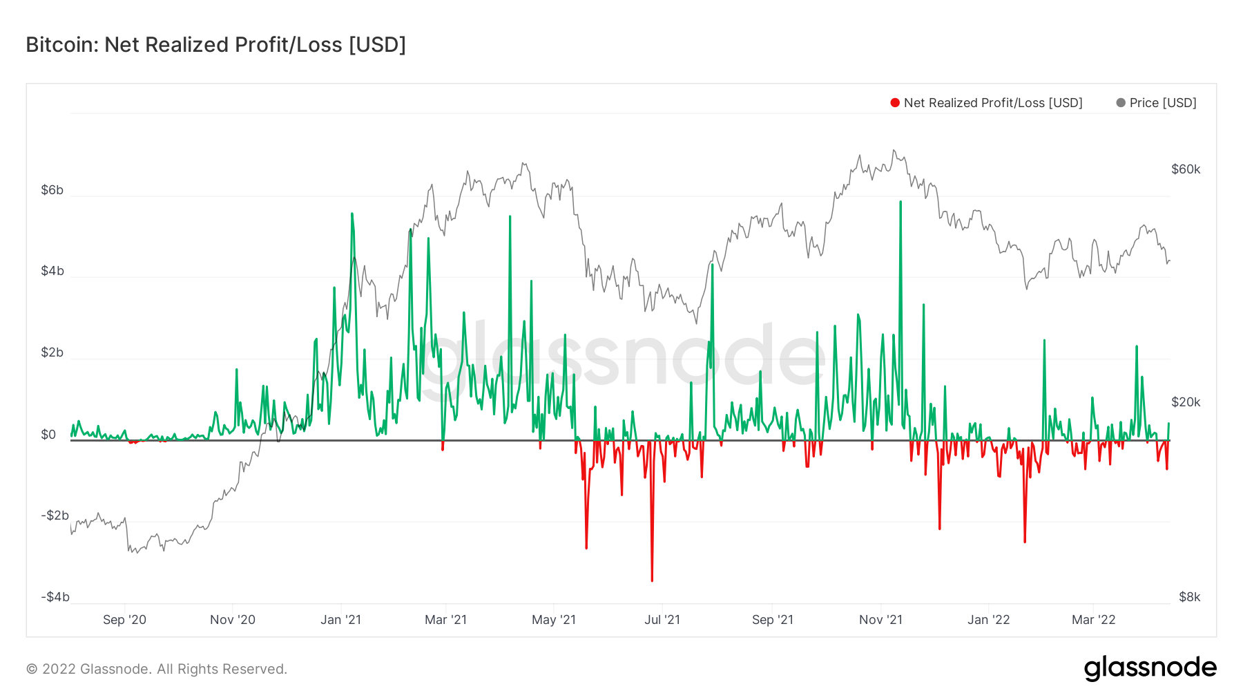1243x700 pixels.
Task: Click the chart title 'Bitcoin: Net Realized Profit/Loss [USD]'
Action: point(215,45)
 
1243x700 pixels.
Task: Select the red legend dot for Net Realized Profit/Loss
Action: point(895,103)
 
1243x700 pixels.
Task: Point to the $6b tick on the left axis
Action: point(52,190)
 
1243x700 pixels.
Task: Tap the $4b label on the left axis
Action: point(52,271)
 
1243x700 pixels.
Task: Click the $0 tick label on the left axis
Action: point(48,435)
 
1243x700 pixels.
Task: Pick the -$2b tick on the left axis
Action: point(55,515)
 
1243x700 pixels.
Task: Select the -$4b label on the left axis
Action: point(55,597)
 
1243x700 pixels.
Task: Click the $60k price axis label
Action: point(1186,169)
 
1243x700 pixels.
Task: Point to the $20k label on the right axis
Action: point(1186,402)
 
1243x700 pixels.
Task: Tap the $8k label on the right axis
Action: point(1189,597)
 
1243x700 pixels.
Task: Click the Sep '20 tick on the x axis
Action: point(124,620)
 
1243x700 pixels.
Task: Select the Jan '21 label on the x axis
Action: point(340,620)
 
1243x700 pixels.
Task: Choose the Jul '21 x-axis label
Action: point(662,620)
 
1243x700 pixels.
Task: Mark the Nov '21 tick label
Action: point(880,620)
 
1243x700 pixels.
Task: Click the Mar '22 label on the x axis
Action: point(1093,620)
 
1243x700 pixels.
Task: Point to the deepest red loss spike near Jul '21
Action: point(652,579)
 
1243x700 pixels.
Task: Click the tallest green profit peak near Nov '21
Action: point(900,202)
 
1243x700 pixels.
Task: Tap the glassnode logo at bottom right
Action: point(1150,668)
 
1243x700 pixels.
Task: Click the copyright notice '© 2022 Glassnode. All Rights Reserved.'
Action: point(157,669)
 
